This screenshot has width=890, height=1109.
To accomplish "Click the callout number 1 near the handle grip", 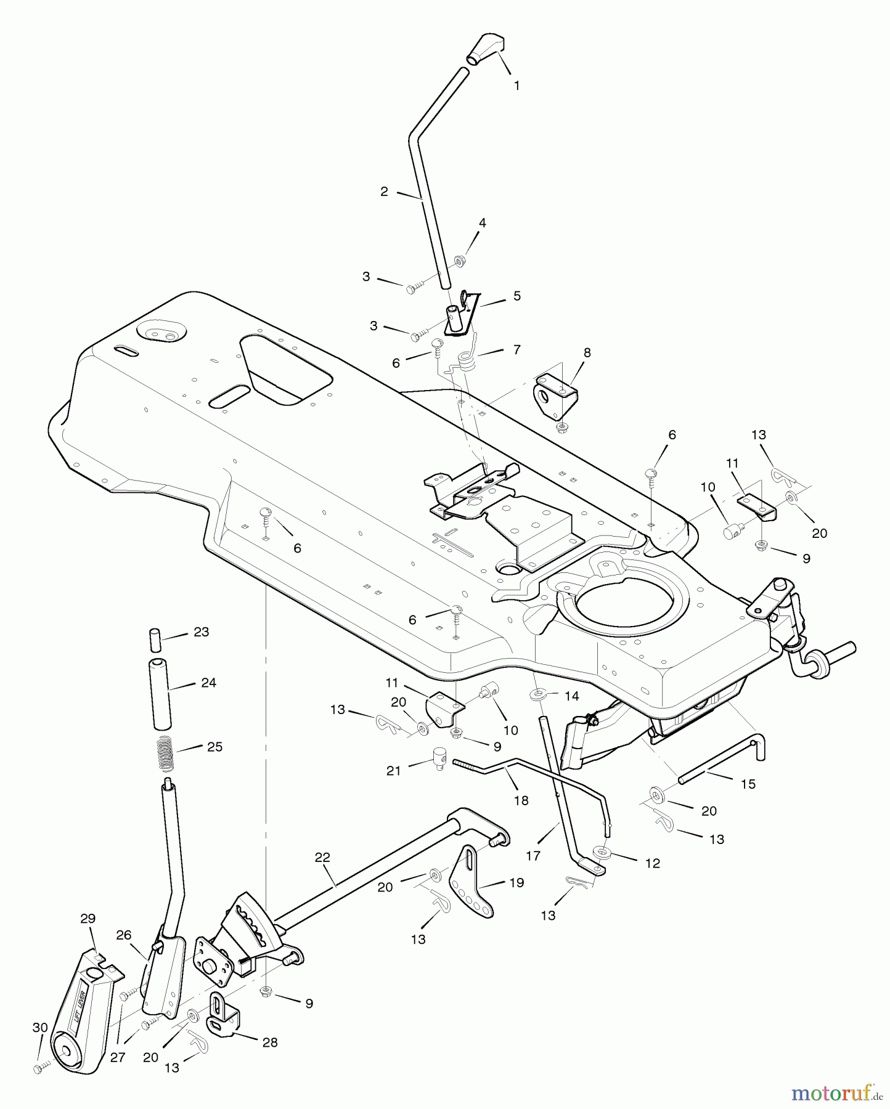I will point(516,86).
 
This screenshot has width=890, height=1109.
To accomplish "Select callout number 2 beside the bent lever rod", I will point(384,192).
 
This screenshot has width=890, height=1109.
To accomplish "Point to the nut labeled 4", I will point(459,261).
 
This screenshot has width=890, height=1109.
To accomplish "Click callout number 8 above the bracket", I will point(587,352).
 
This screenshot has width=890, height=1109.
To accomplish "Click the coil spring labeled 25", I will point(165,753).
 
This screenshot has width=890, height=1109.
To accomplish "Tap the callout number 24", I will point(208,683).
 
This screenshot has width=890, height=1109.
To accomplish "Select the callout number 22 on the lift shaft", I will point(322,857).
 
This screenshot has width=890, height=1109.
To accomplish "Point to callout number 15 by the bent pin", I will point(748,784).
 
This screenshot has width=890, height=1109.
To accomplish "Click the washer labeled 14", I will point(538,695).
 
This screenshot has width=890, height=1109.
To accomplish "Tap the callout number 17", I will point(533,856).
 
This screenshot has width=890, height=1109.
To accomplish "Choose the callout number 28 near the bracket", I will point(270,1042).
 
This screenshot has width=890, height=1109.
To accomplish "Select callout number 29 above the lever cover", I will point(88,918).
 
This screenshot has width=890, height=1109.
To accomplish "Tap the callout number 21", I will point(394,770).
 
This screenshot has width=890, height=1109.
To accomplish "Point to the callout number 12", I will point(652,863).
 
